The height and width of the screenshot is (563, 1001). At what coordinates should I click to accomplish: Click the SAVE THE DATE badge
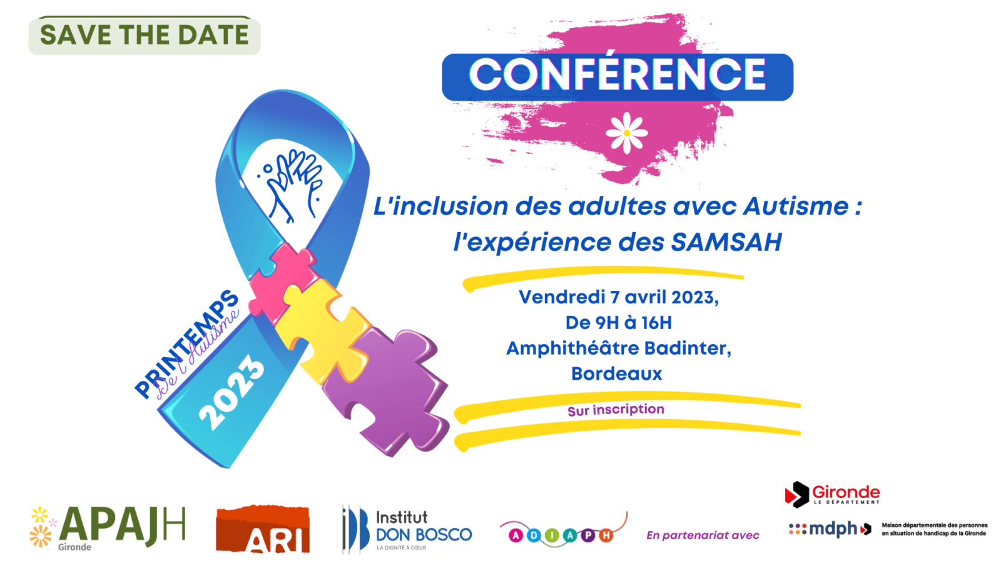click(145, 35)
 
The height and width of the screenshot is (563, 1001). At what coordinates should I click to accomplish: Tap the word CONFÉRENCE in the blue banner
click(617, 74)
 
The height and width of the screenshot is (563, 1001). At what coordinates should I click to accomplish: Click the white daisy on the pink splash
click(626, 133)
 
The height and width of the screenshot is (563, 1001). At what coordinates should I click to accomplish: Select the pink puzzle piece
click(282, 281)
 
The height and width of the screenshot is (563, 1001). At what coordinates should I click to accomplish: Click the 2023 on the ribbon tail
click(231, 392)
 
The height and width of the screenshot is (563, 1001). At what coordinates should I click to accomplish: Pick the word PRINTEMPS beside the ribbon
click(186, 343)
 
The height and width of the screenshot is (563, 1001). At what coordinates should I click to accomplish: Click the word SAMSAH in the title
click(726, 241)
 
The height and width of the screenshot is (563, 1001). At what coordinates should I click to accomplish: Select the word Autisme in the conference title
click(796, 206)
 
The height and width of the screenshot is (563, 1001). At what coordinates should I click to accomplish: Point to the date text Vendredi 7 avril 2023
click(619, 297)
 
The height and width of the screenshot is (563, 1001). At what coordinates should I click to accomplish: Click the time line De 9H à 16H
click(619, 323)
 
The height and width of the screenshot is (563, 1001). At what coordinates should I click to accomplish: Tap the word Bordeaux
click(617, 373)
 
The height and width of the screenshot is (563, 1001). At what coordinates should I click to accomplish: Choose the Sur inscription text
click(616, 409)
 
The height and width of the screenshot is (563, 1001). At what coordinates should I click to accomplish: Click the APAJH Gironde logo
click(107, 527)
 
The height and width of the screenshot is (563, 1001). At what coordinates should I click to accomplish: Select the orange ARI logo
click(263, 529)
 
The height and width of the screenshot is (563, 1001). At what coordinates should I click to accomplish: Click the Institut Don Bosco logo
click(407, 529)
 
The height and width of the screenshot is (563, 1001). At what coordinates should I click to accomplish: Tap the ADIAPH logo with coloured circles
click(563, 532)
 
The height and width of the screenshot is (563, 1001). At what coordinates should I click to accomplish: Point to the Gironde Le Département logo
click(832, 495)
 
